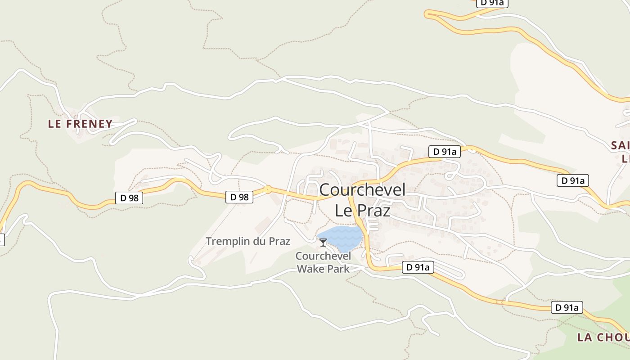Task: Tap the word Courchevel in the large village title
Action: [362, 190]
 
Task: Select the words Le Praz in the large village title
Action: [362, 210]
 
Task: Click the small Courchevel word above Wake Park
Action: [323, 256]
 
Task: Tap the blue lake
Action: [341, 238]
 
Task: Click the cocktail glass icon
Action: [323, 243]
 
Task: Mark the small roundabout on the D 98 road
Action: [268, 189]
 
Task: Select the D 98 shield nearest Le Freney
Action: [129, 198]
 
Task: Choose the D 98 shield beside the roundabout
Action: [239, 197]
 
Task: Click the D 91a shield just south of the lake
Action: [418, 267]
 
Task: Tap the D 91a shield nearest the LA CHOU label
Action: [567, 308]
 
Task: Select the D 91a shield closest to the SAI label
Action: [573, 181]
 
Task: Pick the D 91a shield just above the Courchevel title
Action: [445, 152]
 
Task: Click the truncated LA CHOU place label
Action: [603, 337]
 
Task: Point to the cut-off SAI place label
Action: [620, 145]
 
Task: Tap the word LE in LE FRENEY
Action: [54, 124]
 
